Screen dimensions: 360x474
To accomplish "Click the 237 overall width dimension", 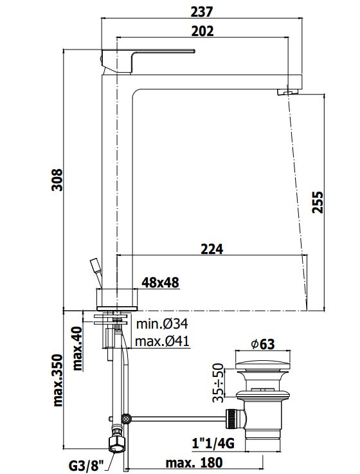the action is [202, 12].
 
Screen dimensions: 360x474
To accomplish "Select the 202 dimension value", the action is [202, 31].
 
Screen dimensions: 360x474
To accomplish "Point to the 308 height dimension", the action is [57, 180].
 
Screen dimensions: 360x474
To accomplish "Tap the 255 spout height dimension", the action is [318, 202].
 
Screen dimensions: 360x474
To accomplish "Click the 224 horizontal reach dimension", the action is [212, 249].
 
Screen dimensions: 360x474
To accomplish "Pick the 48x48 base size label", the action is [161, 282].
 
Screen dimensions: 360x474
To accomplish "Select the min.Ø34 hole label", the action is [162, 324].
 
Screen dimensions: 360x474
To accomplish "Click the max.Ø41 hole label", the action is [162, 342].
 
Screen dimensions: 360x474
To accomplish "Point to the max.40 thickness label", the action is [77, 349].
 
